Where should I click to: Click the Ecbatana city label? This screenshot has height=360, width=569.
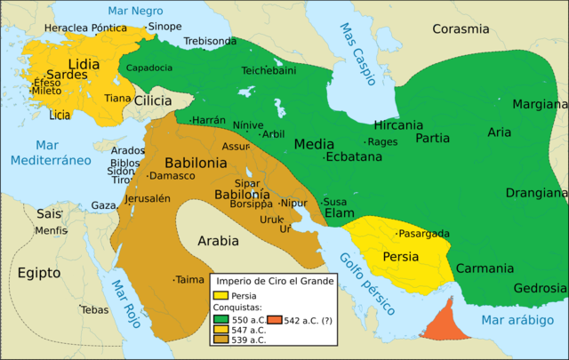(354, 156)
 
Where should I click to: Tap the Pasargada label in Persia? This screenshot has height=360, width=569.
(424, 234)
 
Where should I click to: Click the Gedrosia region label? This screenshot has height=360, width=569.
(540, 288)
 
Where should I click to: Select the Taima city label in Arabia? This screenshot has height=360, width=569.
(189, 279)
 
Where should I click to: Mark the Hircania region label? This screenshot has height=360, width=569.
(398, 125)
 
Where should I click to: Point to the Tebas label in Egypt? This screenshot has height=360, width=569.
(94, 310)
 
